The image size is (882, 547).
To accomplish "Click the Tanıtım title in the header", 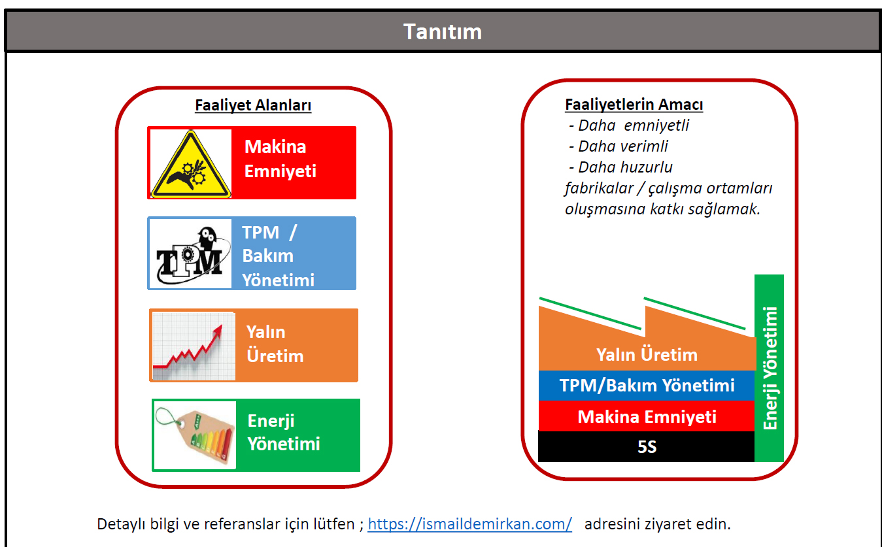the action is [443, 31].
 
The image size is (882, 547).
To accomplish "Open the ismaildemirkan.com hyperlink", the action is [469, 524].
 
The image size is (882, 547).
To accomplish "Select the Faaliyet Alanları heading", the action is [253, 105].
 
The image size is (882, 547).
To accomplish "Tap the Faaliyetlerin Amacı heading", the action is [634, 105].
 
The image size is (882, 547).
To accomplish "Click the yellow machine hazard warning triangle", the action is [191, 164].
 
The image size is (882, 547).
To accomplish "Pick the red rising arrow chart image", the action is [194, 346].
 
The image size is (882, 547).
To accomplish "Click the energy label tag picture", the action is [195, 435].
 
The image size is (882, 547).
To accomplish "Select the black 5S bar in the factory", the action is [646, 446].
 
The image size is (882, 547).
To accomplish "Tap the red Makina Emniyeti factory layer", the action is [646, 416].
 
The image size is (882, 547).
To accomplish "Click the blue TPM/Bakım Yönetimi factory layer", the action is [646, 386].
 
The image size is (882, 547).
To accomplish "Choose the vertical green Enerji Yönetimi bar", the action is [769, 369].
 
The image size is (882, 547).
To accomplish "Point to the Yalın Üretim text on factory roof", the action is [647, 355].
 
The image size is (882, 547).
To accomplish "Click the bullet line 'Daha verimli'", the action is [619, 146].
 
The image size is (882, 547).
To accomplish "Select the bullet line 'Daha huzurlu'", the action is [620, 167].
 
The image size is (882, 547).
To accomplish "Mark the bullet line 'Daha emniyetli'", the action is [629, 125].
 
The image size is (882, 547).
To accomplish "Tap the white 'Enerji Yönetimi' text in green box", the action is [284, 433].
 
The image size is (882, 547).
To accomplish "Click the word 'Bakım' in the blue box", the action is [268, 256].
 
